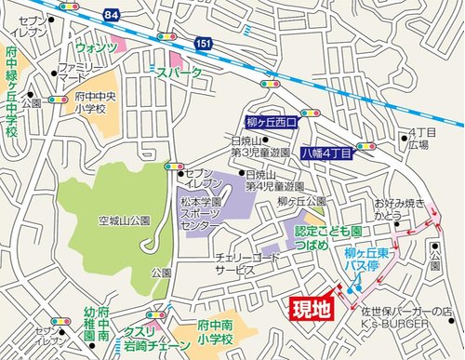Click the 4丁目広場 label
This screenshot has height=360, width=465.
[x=418, y=140]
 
